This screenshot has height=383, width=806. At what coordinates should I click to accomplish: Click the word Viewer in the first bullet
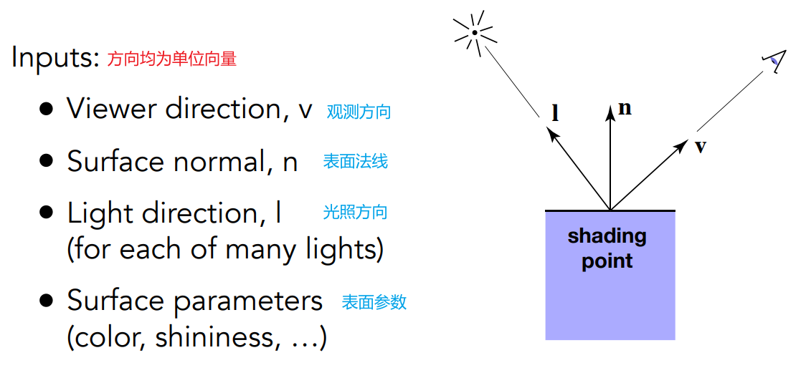click(112, 109)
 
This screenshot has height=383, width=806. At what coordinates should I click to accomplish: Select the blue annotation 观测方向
click(359, 112)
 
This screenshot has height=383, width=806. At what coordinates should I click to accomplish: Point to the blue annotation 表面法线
click(355, 162)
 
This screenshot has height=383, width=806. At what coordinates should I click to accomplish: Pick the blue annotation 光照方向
click(355, 212)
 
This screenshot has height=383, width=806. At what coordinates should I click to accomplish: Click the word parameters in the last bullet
click(248, 301)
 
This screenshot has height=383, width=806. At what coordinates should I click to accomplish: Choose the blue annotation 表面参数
click(374, 302)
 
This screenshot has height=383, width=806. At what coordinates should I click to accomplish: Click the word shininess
click(215, 336)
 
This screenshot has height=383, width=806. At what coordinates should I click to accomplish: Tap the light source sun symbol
click(475, 31)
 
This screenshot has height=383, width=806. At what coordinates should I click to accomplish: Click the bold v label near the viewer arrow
click(701, 146)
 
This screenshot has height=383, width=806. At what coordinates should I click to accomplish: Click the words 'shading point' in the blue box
click(607, 248)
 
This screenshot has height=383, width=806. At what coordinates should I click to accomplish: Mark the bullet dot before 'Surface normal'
click(47, 161)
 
